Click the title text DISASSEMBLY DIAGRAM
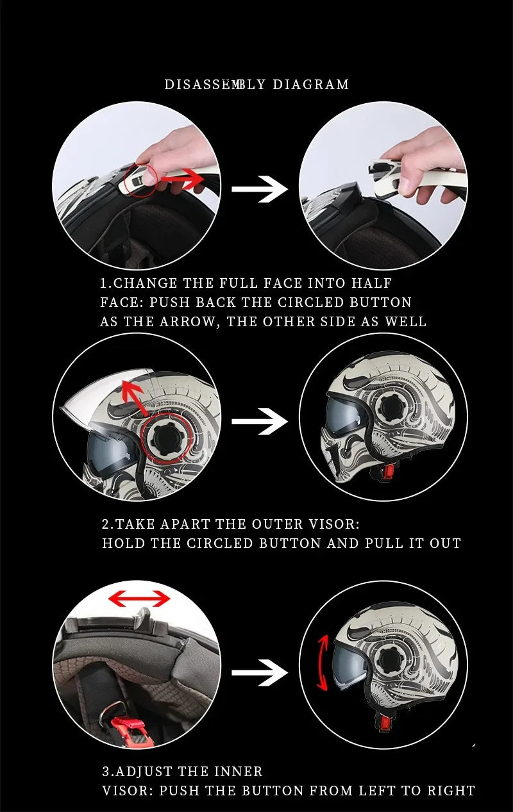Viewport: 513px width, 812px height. tap(256, 85)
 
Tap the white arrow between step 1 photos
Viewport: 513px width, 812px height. tap(259, 189)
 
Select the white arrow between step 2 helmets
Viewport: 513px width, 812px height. tap(259, 422)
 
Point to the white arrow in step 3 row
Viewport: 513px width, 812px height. tap(259, 673)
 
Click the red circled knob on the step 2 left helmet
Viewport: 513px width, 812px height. tap(166, 438)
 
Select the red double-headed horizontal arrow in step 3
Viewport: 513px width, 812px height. tap(139, 599)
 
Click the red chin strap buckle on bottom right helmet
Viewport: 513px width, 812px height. tap(384, 723)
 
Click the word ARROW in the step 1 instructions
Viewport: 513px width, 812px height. tap(181, 322)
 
